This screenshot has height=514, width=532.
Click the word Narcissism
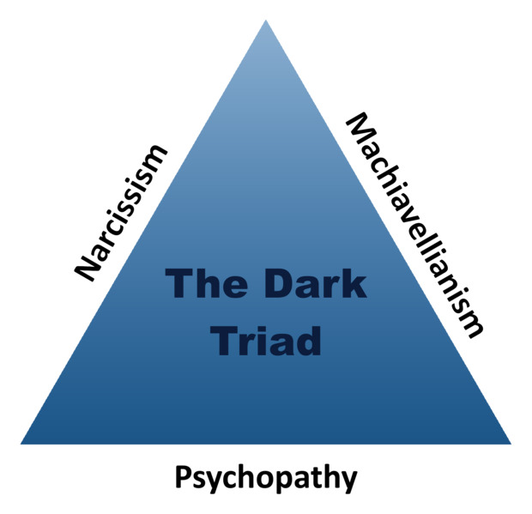(121, 213)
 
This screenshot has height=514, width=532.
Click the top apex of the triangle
(265, 20)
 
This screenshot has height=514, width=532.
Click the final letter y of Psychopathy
(348, 481)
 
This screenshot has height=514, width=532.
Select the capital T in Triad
(221, 338)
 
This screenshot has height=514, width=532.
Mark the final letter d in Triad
(310, 338)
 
